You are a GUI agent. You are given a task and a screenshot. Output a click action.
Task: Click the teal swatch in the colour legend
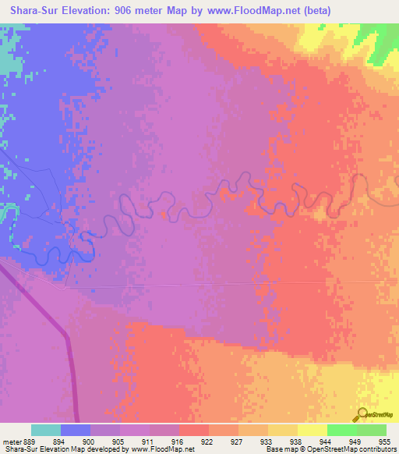tap(46, 430)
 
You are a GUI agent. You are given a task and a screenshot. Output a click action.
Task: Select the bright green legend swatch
tap(342, 430)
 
